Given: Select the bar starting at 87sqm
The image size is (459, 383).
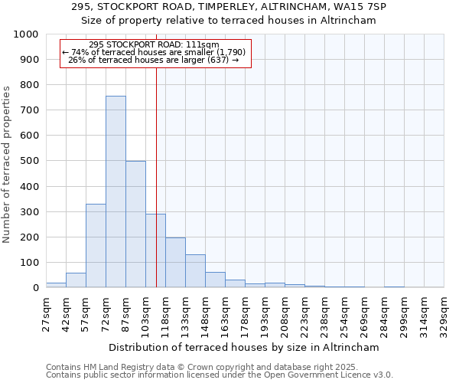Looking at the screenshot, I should point(135,224).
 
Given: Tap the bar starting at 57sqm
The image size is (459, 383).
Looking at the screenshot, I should point(96,245).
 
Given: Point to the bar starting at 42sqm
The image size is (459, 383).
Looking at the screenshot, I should point(76,280).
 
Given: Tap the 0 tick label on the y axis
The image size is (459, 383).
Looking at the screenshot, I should point(35,288).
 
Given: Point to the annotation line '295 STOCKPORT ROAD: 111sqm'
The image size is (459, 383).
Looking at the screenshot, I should point(154,44).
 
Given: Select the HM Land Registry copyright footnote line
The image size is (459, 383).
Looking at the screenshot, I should point(201,367).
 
